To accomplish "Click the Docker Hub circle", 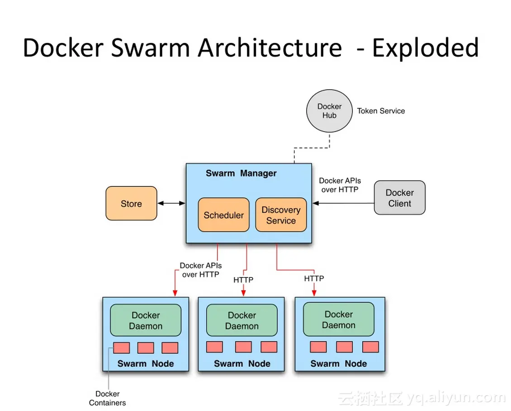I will (329, 111).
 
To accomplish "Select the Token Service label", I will (381, 111).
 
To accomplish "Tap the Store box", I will (131, 204).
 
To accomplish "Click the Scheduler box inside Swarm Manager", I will (223, 215).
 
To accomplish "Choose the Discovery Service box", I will (281, 215).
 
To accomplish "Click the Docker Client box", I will (400, 198).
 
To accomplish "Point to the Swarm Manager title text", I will (241, 173).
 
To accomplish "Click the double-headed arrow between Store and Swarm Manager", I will (171, 204).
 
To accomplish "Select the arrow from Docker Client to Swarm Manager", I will (344, 204).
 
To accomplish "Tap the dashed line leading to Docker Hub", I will (312, 148).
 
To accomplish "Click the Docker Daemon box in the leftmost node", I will (146, 320).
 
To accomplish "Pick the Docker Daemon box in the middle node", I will (242, 320).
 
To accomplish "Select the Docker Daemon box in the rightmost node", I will (338, 320).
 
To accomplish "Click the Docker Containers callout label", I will (108, 398).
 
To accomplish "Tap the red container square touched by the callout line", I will (122, 348).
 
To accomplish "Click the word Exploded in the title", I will (425, 48).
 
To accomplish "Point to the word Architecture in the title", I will (270, 48).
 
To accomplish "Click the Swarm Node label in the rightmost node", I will (338, 363).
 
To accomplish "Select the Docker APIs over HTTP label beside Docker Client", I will (340, 185).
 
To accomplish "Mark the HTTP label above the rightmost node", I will (314, 278).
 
